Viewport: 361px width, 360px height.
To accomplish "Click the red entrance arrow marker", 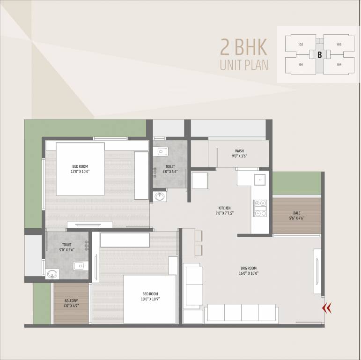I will (x=327, y=307).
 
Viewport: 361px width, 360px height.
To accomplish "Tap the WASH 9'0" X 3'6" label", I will (x=239, y=154).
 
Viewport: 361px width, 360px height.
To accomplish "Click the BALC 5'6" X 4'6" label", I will (x=297, y=215).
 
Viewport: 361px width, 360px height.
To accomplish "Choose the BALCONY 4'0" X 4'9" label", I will (x=72, y=303).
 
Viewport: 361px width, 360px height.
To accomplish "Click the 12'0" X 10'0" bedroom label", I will (x=80, y=169).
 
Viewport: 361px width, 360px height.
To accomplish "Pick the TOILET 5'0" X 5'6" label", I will (x=67, y=247).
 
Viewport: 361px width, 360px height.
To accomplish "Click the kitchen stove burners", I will (x=260, y=208).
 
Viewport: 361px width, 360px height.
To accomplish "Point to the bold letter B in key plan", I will (x=319, y=54).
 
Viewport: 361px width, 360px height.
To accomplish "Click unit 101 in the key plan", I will (x=301, y=65).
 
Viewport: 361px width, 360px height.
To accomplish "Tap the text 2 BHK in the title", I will (x=243, y=47).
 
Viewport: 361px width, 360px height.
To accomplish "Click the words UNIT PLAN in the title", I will (x=244, y=65).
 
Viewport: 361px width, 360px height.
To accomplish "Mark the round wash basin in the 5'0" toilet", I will (x=52, y=274).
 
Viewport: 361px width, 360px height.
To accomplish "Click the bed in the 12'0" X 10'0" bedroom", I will (x=80, y=169).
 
